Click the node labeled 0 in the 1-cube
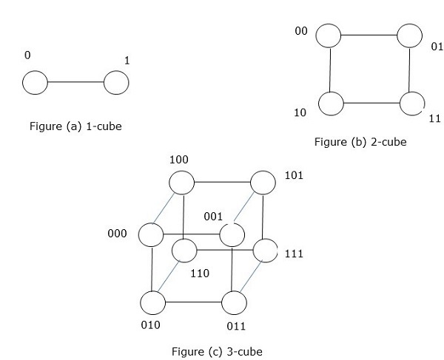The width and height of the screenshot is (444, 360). coord(35,83)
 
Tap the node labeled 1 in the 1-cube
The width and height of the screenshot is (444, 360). coord(116,83)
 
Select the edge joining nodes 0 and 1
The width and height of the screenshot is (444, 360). coord(75,83)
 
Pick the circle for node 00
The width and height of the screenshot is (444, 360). coord(329,35)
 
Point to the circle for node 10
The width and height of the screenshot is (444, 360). coord(332,103)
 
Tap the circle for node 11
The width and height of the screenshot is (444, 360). coord(411,103)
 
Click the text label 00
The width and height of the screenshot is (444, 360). coord(301,33)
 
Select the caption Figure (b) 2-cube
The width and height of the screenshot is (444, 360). coord(360,142)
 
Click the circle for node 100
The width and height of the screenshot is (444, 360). coord(181,182)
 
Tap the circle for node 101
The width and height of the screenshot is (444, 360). coord(263,182)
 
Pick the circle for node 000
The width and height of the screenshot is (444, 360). coord(151,235)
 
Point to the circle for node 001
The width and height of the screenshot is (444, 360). coord(232,235)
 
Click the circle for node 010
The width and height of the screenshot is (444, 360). coord(153,302)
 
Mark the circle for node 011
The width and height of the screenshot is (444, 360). coord(234,302)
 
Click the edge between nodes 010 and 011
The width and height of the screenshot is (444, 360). coord(193,302)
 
